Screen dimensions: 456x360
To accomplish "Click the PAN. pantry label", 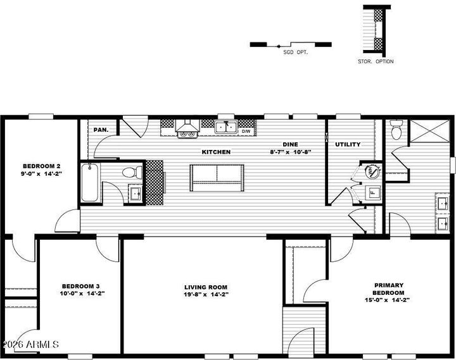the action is [101, 130].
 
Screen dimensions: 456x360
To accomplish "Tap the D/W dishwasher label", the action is [246, 132].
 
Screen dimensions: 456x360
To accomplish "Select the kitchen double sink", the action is [226, 128].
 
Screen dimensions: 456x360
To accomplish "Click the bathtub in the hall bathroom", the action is [90, 182].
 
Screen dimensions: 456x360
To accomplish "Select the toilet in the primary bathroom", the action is [396, 130].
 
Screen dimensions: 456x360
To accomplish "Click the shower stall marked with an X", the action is [429, 131].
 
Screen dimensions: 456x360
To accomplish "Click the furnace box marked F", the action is [372, 192].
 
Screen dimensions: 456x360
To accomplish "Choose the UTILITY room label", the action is [348, 144].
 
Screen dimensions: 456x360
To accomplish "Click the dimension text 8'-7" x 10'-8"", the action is [291, 152].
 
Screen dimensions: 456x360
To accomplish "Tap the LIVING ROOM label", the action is [206, 287].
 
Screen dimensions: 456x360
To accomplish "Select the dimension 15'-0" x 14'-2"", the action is [387, 300].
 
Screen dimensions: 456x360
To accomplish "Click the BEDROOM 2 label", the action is [42, 166].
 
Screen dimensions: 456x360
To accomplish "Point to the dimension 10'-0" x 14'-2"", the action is [82, 293].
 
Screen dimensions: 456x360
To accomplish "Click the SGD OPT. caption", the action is [296, 53].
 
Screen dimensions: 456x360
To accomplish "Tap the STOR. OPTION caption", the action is [376, 61].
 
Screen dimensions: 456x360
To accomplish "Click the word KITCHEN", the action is [216, 152].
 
